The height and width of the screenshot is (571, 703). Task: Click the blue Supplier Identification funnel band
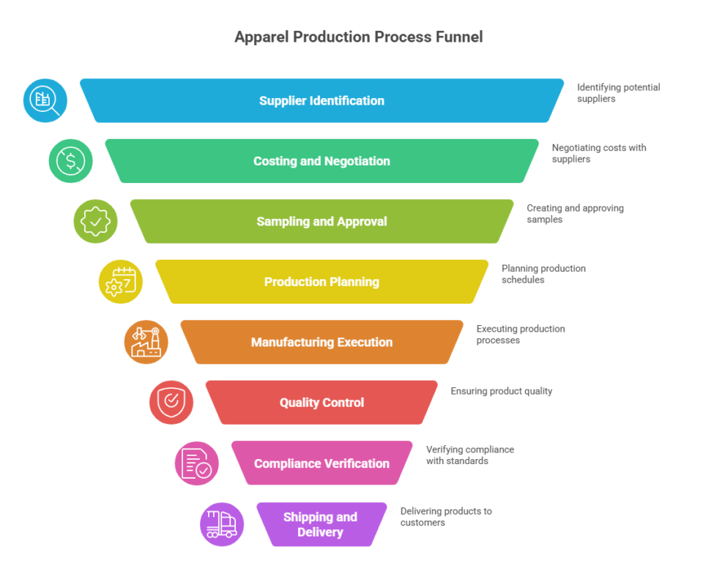click(x=321, y=101)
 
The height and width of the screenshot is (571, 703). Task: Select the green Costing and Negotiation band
click(x=321, y=161)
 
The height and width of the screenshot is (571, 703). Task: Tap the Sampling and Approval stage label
click(x=321, y=222)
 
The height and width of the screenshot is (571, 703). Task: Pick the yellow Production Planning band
click(x=321, y=282)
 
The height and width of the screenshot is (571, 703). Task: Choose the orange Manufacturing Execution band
click(x=321, y=342)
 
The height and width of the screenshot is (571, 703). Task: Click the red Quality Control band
click(x=321, y=403)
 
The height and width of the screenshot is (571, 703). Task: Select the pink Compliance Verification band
click(x=321, y=463)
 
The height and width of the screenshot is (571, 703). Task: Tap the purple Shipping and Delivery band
click(x=321, y=524)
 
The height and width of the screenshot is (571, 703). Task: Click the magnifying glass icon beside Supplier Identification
click(x=45, y=100)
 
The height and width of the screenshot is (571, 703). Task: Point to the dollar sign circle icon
click(x=71, y=161)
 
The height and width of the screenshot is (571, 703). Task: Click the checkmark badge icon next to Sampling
click(x=96, y=221)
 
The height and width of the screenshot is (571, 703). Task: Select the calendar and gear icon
click(x=121, y=282)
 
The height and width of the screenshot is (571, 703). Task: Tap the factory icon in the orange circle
click(x=146, y=342)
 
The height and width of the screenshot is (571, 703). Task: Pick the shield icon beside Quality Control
click(x=171, y=402)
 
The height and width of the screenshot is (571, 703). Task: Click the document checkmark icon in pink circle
click(x=197, y=463)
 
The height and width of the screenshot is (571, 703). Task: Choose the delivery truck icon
click(x=222, y=524)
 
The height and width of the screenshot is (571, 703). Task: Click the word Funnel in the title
click(x=457, y=37)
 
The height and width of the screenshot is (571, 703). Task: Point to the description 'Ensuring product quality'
click(x=501, y=391)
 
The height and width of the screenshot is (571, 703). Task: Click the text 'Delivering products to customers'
click(x=445, y=517)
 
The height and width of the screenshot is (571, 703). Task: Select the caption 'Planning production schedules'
click(x=543, y=274)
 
